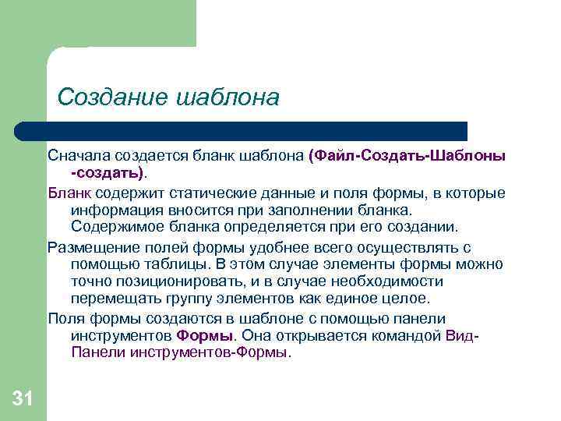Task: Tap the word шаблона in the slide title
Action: coord(228,97)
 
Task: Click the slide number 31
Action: coord(23,400)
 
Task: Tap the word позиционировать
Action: coord(172,281)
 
